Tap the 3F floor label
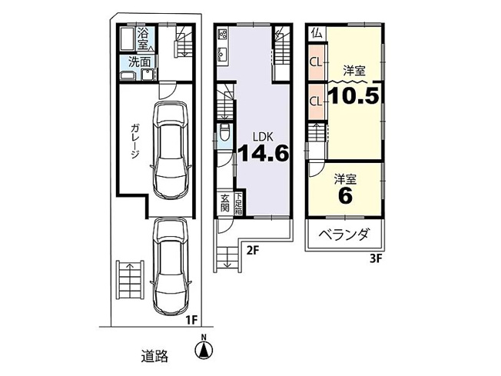pyautogui.click(x=374, y=258)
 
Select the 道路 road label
pyautogui.click(x=155, y=356)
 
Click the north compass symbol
pyautogui.click(x=204, y=350)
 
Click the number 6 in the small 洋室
pyautogui.click(x=344, y=196)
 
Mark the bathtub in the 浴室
pyautogui.click(x=126, y=38)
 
